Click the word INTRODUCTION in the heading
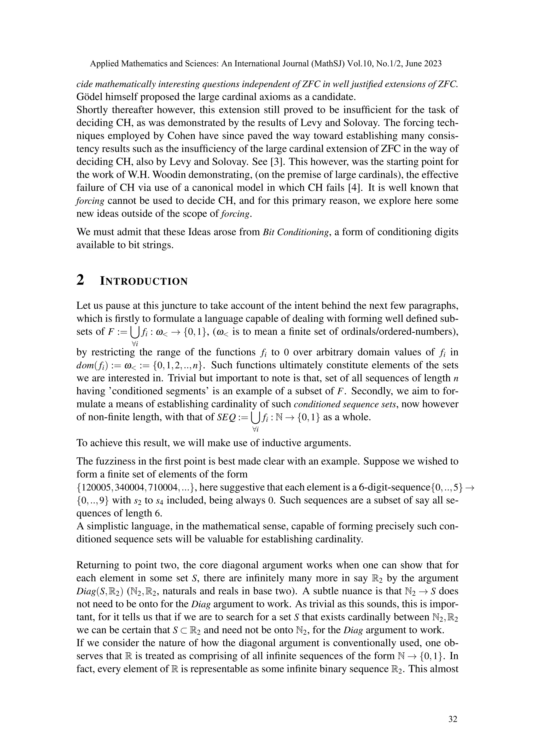point(144,281)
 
